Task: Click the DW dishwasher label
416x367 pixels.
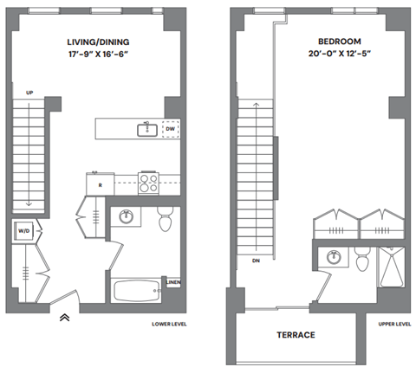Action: [x=171, y=130]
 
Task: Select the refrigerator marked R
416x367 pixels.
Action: [x=99, y=183]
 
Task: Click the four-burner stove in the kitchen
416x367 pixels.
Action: [x=147, y=183]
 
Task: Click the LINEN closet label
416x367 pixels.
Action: [x=173, y=282]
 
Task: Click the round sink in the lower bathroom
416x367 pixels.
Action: [x=127, y=216]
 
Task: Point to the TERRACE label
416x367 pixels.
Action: [x=296, y=335]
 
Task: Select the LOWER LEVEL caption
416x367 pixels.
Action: [x=169, y=325]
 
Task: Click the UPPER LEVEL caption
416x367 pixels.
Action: [x=393, y=325]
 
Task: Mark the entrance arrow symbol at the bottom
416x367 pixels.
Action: [x=64, y=318]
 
